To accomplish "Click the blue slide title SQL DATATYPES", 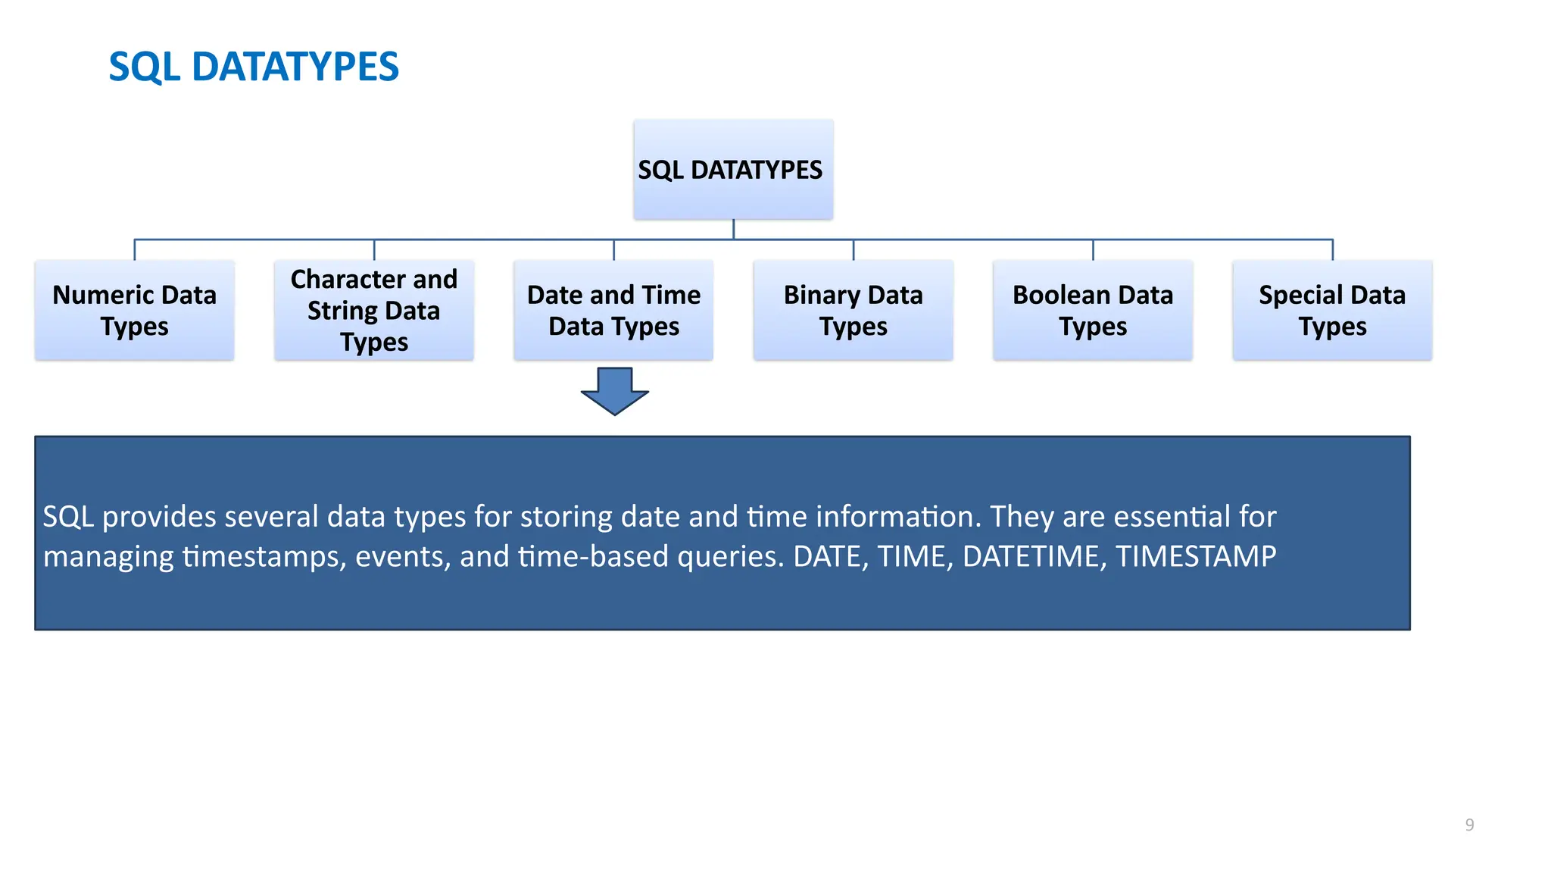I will [x=254, y=67].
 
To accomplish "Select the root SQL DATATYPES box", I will [x=732, y=170].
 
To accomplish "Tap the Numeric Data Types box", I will [x=135, y=310].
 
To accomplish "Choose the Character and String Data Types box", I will [x=374, y=310].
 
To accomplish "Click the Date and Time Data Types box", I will [x=613, y=310].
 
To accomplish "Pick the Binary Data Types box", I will [x=853, y=310].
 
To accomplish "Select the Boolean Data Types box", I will [x=1092, y=310].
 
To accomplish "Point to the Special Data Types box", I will [x=1331, y=310].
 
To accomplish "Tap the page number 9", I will [x=1469, y=824].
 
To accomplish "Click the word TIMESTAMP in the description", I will [x=1196, y=557].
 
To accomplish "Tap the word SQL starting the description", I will [x=68, y=517].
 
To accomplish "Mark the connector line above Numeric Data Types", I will [x=135, y=249].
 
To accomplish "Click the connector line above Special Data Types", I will [x=1332, y=249].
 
